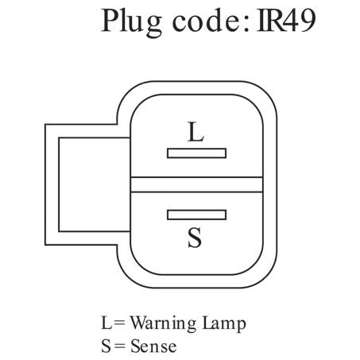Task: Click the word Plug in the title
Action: pos(131,23)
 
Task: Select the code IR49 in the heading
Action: pos(286,21)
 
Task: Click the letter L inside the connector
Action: pos(195,132)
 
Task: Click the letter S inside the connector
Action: pos(195,238)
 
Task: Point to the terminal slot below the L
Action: pos(196,153)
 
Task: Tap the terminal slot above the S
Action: pos(196,215)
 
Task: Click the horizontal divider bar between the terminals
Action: pos(196,184)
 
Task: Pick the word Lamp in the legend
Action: pos(224,323)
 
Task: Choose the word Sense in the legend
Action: pos(153,346)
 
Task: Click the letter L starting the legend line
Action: pos(106,323)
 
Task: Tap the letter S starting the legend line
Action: pos(106,346)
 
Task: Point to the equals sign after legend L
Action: pos(120,323)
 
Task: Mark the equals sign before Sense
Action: pos(120,346)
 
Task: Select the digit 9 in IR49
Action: pos(307,21)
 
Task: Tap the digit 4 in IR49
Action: pos(289,21)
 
